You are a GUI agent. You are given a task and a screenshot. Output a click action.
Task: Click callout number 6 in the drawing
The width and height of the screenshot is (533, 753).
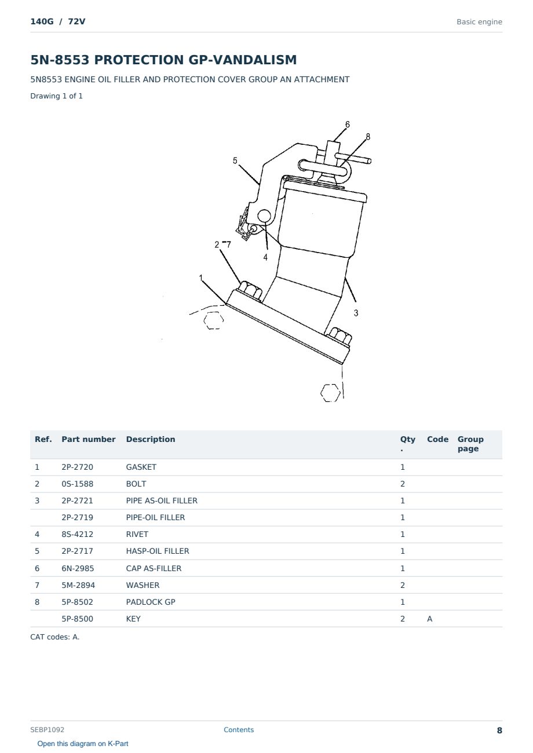tap(348, 125)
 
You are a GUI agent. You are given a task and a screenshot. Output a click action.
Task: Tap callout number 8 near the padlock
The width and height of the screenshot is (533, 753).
tap(368, 137)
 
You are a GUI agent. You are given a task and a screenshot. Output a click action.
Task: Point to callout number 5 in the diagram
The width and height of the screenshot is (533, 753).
tap(235, 160)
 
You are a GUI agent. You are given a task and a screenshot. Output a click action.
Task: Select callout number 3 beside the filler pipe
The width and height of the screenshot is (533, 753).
tap(356, 313)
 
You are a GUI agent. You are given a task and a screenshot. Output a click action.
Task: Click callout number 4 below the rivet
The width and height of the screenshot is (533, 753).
tap(265, 258)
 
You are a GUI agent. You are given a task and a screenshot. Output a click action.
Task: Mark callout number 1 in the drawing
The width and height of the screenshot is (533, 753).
tap(201, 278)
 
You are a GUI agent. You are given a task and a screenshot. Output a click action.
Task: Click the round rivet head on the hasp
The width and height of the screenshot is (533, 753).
tap(264, 216)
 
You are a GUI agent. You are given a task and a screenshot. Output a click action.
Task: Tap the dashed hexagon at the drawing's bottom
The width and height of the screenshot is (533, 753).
tap(330, 393)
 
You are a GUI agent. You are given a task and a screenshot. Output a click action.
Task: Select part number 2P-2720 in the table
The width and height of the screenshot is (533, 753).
tap(77, 467)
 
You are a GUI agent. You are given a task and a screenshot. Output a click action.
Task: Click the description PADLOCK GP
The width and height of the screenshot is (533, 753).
tap(151, 602)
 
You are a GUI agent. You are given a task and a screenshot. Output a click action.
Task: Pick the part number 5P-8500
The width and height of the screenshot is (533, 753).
tap(77, 619)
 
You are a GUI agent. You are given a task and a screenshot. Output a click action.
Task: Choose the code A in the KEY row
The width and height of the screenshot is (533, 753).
tap(429, 619)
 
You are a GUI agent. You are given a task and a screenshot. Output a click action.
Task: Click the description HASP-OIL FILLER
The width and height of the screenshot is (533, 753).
tap(158, 551)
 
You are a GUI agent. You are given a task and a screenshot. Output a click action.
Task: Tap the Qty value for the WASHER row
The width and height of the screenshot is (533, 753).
tap(403, 585)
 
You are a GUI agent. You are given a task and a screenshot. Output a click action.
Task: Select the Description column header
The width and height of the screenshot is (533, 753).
tap(150, 439)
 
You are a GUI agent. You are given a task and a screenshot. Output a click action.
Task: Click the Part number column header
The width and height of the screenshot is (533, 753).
tap(88, 439)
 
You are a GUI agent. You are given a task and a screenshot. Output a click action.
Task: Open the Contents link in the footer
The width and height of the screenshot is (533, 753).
tap(239, 729)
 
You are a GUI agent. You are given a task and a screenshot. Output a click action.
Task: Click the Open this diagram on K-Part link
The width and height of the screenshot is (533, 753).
tap(83, 744)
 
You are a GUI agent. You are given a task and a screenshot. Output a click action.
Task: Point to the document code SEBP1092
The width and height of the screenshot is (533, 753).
tap(47, 729)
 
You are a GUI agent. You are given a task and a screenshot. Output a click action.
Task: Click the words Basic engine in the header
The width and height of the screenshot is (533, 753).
tap(479, 22)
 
